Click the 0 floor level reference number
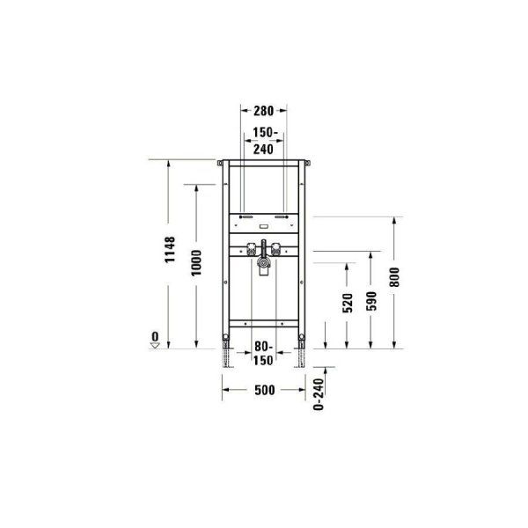pos(155,336)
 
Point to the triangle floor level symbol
pos(155,346)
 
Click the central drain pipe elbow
pos(263,261)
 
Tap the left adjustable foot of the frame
pos(228,356)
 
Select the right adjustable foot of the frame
pos(302,356)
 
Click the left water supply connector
pos(252,249)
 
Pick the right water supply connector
pos(276,249)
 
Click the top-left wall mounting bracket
pos(218,163)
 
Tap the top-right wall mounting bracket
pos(310,163)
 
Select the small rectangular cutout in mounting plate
pos(264,227)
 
